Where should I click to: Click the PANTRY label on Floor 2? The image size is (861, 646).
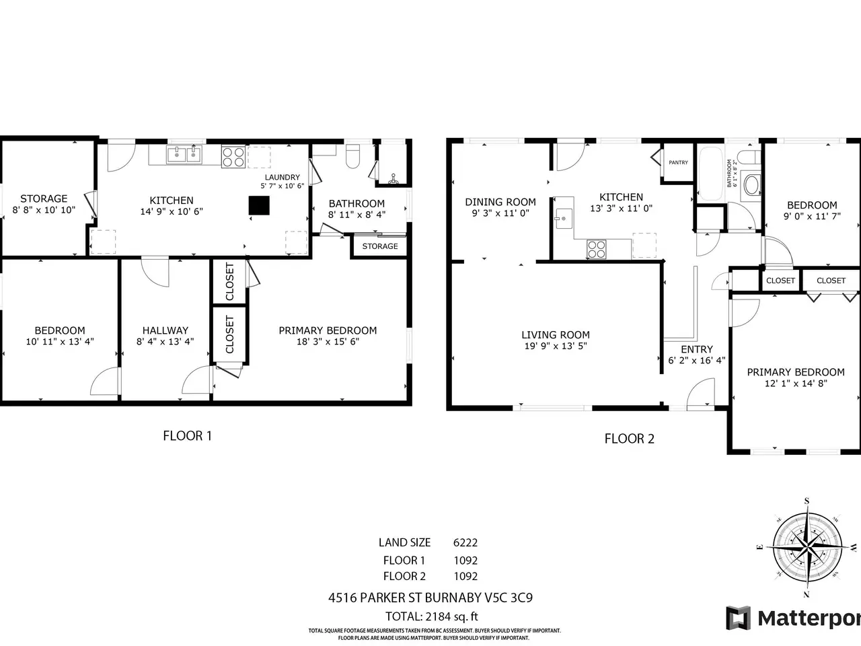(x=678, y=162)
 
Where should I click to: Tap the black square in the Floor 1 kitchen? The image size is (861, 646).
(x=259, y=205)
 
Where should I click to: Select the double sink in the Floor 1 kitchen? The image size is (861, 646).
(x=184, y=154)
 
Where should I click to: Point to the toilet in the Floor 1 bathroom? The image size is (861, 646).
(x=352, y=156)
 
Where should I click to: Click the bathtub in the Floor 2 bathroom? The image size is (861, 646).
(x=710, y=174)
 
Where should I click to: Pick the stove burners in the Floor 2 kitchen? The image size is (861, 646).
(x=596, y=249)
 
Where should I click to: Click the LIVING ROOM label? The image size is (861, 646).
(x=556, y=334)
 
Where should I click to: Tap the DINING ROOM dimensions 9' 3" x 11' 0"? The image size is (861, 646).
(x=500, y=213)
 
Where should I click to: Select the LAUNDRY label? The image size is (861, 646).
(x=282, y=177)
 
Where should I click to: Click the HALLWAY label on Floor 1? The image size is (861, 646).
(x=165, y=330)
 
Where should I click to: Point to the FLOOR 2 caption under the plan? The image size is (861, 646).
(x=629, y=439)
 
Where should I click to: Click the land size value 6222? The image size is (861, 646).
(x=465, y=542)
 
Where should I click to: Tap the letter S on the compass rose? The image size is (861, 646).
(x=807, y=501)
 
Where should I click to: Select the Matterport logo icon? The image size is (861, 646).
(x=738, y=618)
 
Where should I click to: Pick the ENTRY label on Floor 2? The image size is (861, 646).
(x=697, y=349)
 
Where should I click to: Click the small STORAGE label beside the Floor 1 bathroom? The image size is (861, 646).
(x=379, y=246)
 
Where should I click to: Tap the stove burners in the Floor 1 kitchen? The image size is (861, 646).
(x=233, y=157)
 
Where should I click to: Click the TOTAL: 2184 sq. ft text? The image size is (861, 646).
(x=431, y=616)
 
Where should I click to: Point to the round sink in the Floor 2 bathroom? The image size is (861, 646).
(x=751, y=185)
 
